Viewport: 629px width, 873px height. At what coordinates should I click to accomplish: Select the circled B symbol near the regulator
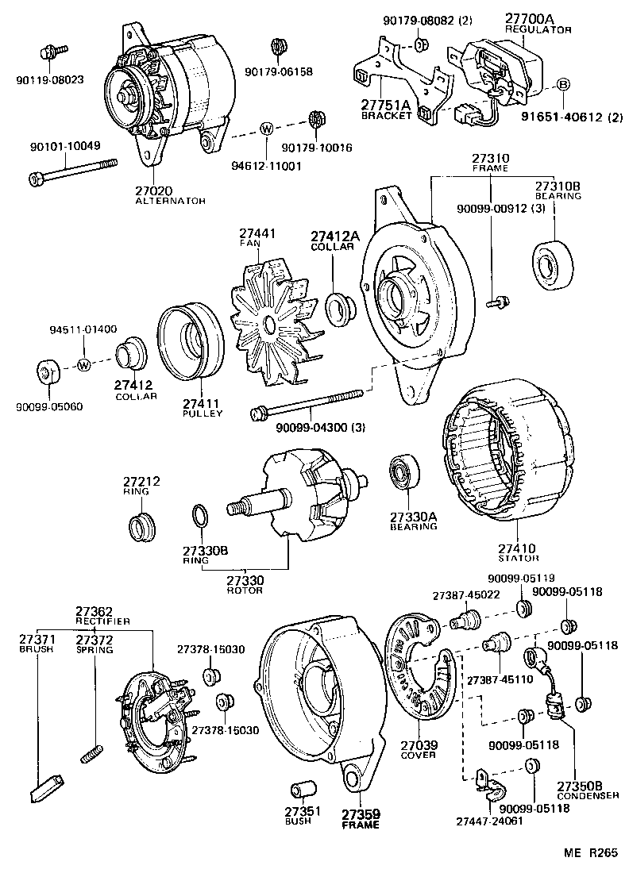[563, 84]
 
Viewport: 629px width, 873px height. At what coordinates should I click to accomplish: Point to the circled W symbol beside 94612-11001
[267, 128]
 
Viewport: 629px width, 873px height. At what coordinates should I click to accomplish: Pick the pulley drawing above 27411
[191, 340]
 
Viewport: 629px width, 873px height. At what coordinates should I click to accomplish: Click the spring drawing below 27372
[92, 752]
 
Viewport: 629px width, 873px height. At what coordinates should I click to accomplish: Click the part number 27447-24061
[489, 821]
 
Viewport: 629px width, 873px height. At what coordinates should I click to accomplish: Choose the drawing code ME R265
[590, 853]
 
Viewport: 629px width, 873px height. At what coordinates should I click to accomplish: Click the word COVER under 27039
[418, 755]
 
